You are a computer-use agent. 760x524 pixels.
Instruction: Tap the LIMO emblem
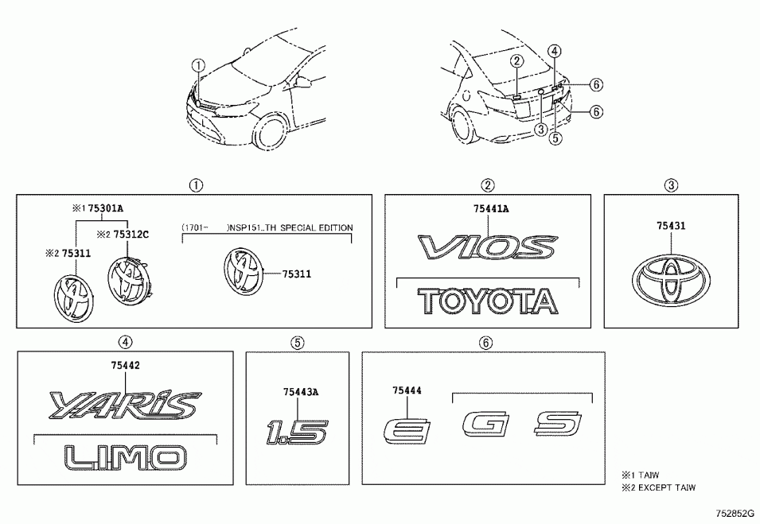(x=125, y=456)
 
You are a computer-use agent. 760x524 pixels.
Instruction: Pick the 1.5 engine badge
(x=296, y=434)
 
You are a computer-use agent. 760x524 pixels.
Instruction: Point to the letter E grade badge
(x=406, y=433)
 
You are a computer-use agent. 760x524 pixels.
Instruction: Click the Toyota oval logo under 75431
(x=671, y=279)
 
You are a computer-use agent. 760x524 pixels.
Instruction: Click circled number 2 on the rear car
(x=516, y=61)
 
